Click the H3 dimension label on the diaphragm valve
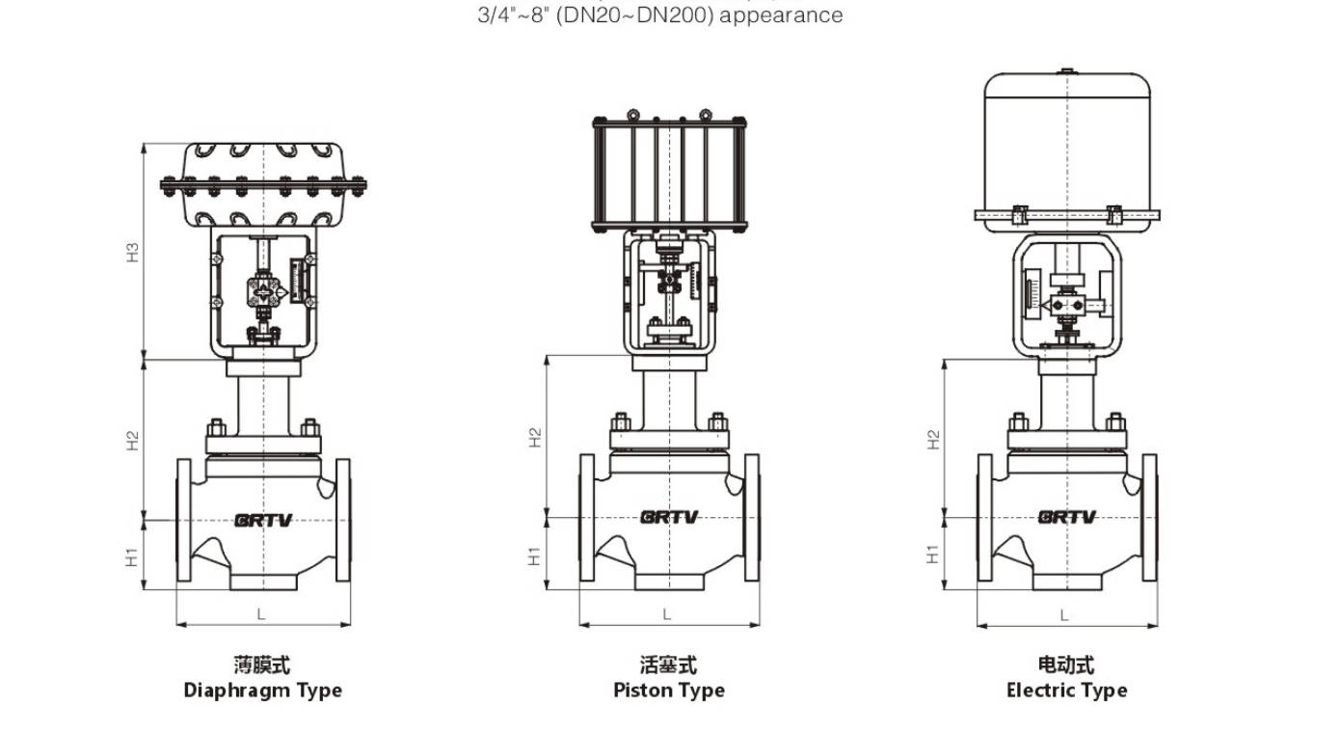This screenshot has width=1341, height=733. click(134, 253)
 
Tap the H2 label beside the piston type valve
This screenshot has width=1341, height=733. click(535, 437)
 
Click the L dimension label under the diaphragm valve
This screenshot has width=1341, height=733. click(261, 613)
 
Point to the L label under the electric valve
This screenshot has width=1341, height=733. click(1064, 614)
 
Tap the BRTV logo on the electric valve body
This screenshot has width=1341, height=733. click(1066, 517)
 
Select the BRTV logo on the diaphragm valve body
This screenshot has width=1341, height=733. click(262, 520)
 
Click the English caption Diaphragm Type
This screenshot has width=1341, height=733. click(262, 691)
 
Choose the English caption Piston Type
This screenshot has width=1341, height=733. click(669, 691)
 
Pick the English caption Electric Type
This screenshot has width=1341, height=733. click(1066, 691)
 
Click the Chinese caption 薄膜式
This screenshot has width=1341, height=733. click(262, 665)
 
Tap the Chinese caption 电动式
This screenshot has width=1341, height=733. click(1066, 665)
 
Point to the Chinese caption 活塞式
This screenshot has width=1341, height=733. click(668, 665)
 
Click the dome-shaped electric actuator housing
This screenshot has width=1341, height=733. click(1067, 145)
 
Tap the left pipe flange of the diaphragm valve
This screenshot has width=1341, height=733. click(184, 521)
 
